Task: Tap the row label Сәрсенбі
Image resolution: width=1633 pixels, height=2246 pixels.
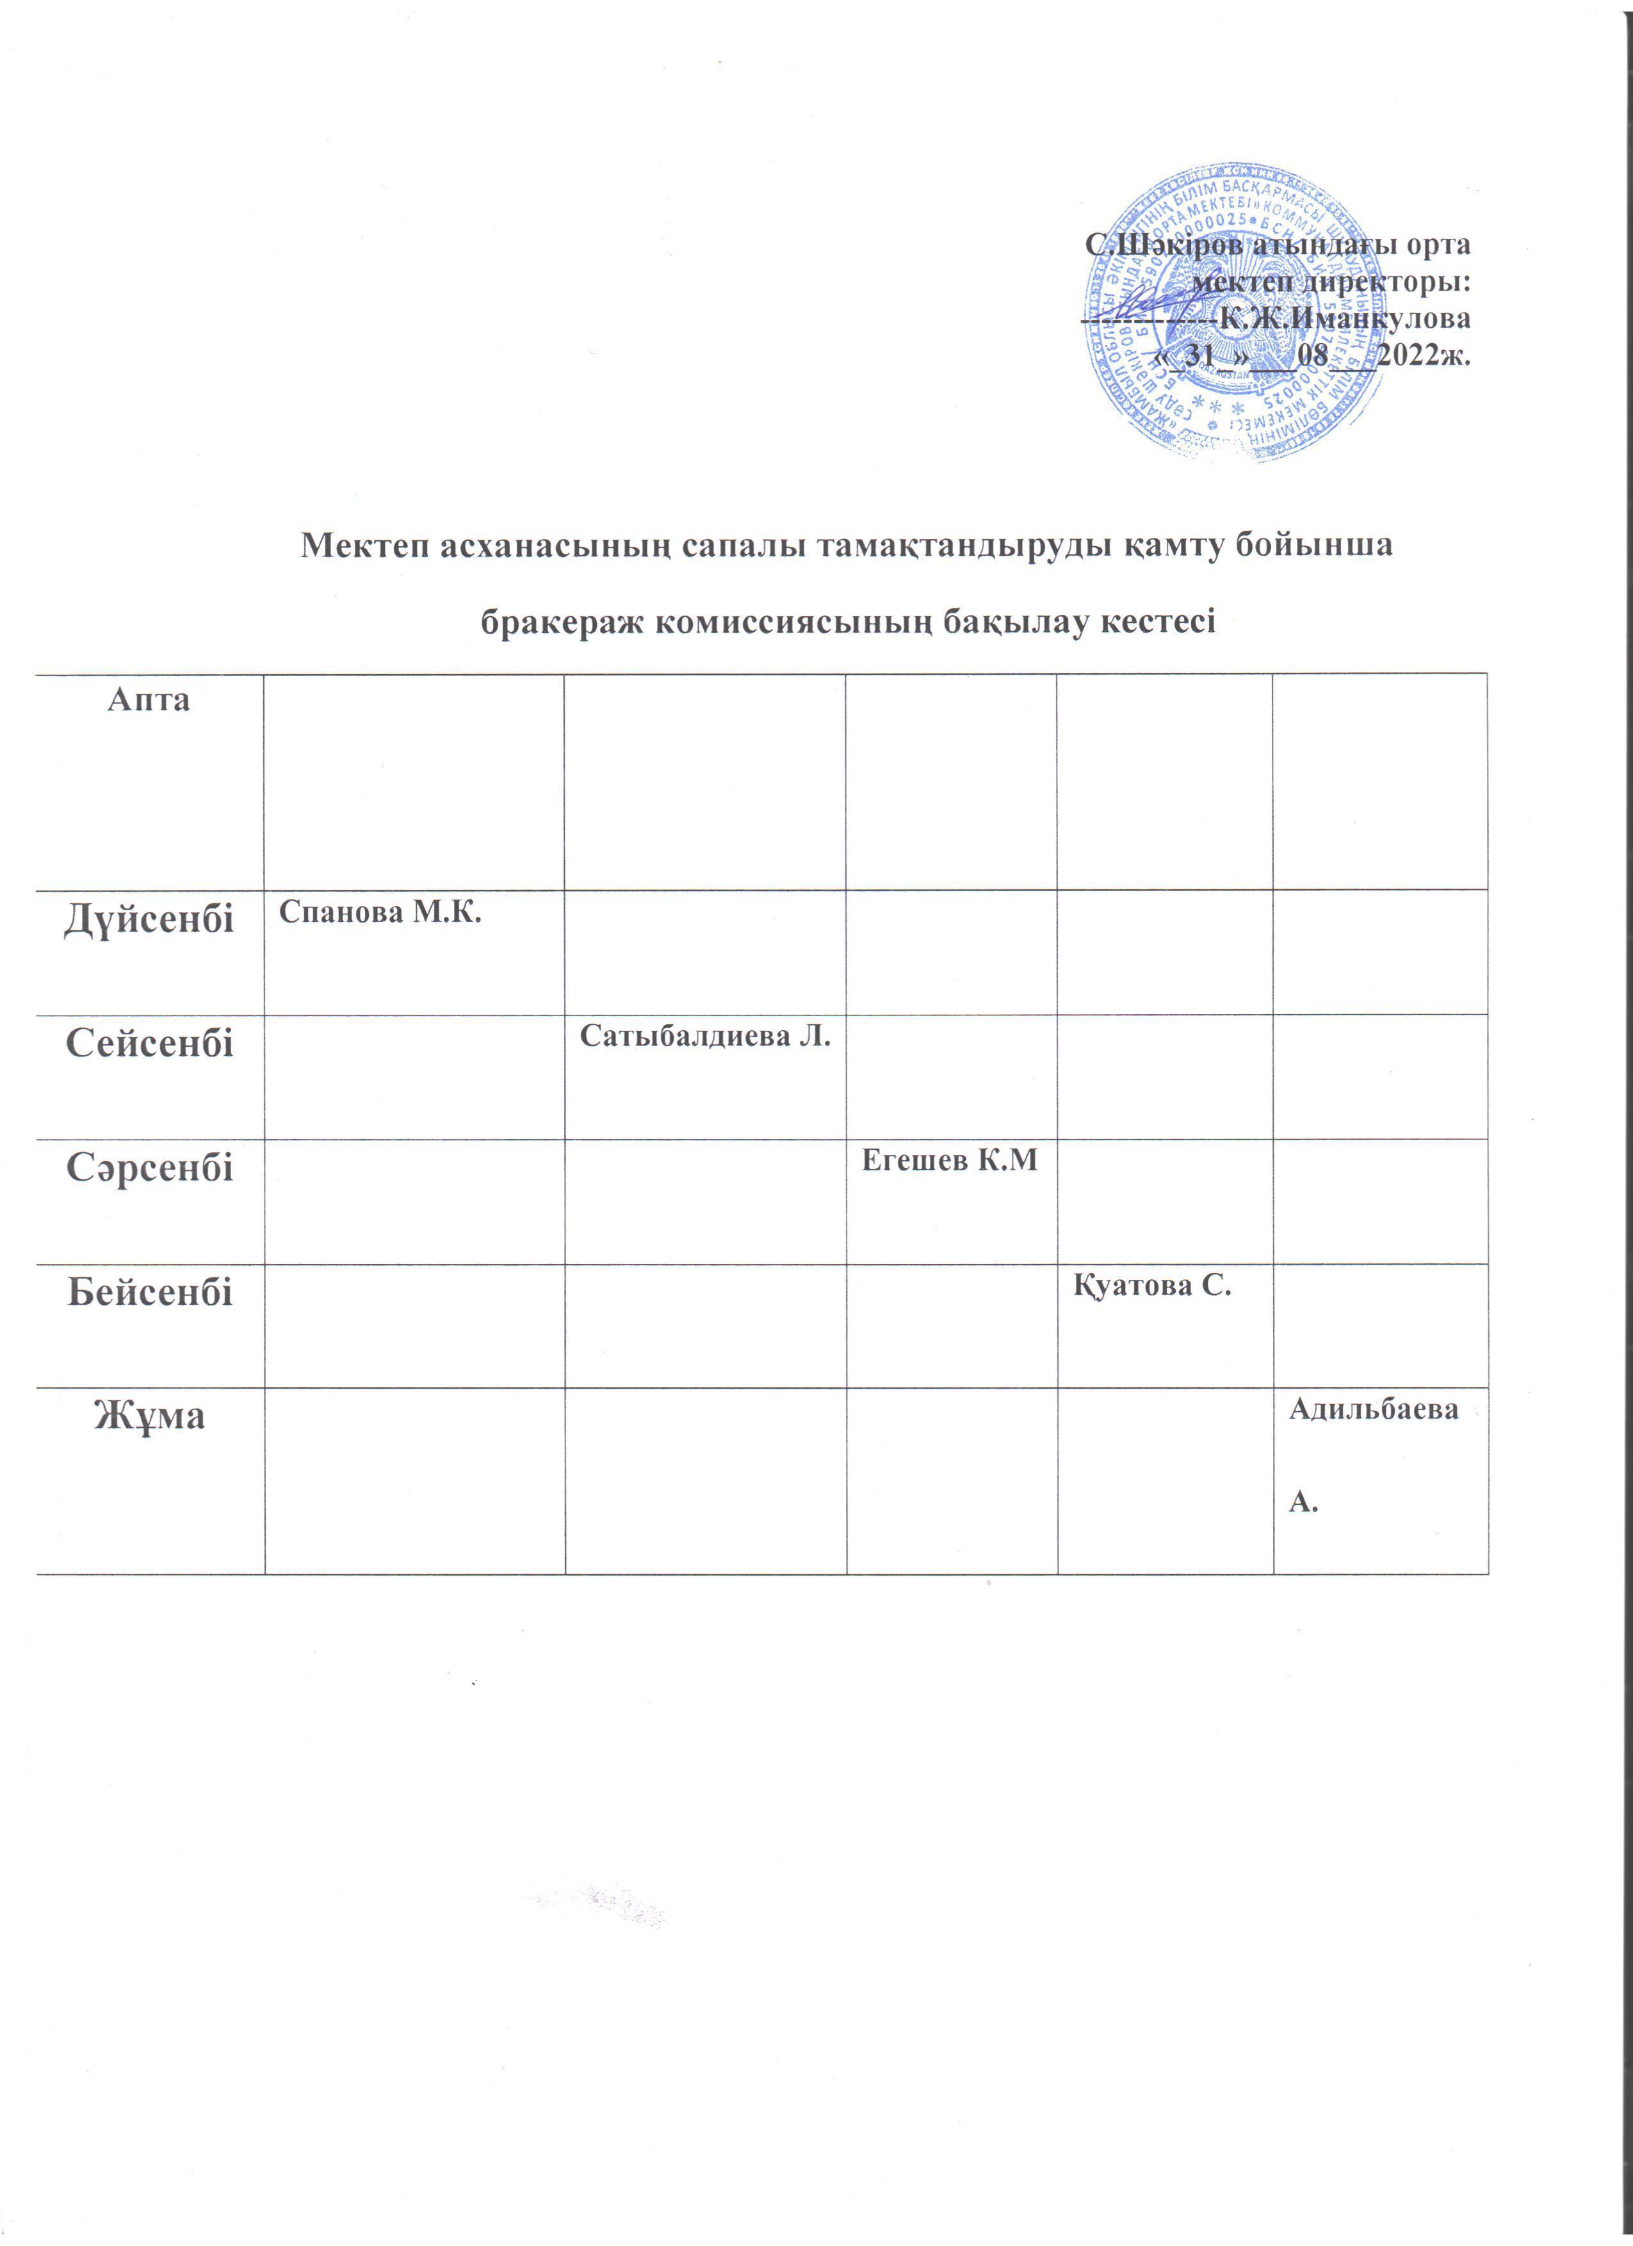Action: point(150,1168)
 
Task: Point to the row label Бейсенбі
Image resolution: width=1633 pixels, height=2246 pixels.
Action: point(150,1291)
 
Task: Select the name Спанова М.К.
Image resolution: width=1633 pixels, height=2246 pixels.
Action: point(380,912)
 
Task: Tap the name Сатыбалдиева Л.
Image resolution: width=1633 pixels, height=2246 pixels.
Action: point(704,1037)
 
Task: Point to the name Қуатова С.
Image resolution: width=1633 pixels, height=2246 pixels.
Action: point(1151,1286)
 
